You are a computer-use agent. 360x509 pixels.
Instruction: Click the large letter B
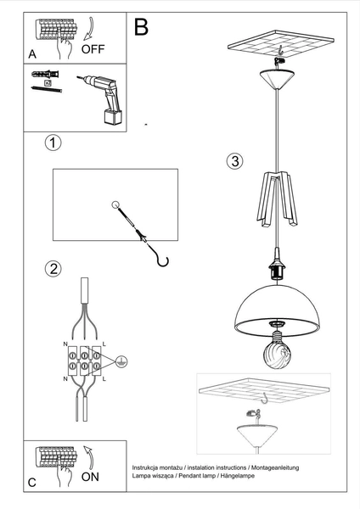(141, 27)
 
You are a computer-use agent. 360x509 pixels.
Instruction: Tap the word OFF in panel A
(93, 49)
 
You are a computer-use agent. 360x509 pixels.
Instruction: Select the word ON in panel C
(90, 478)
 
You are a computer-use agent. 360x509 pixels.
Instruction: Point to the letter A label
(32, 53)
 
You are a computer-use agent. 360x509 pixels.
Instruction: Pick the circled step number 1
(53, 143)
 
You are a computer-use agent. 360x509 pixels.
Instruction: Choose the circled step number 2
(53, 270)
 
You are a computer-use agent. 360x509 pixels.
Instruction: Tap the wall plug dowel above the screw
(42, 76)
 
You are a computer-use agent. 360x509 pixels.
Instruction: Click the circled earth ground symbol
(121, 358)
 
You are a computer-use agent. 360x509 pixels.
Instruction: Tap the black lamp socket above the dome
(276, 269)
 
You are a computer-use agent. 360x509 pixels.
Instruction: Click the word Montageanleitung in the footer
(272, 468)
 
